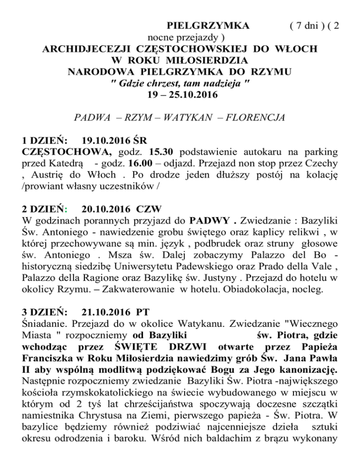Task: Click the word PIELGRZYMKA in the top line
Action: [x=208, y=25]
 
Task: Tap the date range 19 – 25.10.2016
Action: [x=180, y=95]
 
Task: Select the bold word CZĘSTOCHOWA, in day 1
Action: [x=67, y=152]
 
